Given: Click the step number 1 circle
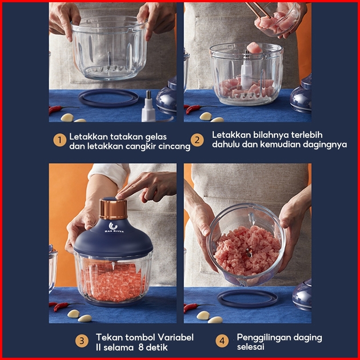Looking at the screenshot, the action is click(60, 140).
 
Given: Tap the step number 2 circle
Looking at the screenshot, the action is click(197, 140).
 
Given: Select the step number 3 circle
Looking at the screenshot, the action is click(82, 341).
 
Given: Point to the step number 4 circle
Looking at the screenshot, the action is click(222, 341).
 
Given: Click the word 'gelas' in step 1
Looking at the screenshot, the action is click(156, 137).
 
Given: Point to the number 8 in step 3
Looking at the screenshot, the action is click(141, 347).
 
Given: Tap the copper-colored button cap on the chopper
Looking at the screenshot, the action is click(113, 209).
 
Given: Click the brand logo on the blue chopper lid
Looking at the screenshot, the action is click(113, 227).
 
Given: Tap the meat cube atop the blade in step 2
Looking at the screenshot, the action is click(254, 48).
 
